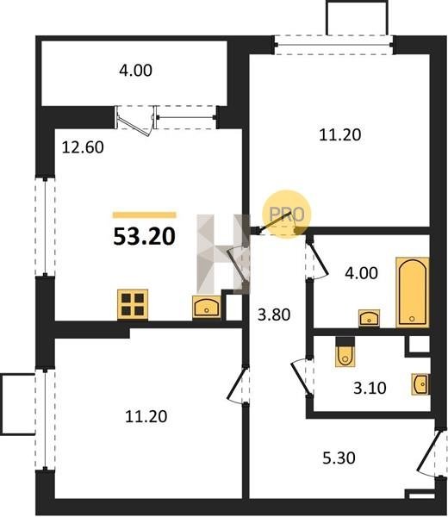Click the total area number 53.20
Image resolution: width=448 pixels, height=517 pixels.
coord(144,237)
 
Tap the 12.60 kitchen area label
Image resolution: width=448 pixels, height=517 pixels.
coord(83,147)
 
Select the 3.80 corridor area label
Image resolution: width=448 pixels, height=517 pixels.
coord(274,315)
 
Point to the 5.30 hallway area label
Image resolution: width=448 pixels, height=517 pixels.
coord(339,458)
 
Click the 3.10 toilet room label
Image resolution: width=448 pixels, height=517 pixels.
coord(370,388)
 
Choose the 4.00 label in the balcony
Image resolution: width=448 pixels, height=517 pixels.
coord(135,71)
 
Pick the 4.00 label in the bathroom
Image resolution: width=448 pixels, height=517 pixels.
coord(361,273)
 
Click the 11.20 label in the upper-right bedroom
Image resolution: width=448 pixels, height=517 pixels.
coord(339,135)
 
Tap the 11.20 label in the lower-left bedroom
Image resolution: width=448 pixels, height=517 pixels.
coord(146,416)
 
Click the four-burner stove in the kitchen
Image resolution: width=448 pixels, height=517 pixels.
coord(133,304)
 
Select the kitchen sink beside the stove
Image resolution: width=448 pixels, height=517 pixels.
coord(207,307)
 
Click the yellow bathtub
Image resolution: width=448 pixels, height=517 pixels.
coord(413,292)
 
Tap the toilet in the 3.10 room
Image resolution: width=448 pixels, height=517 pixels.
coord(345,352)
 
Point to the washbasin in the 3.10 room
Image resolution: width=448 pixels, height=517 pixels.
coord(421,384)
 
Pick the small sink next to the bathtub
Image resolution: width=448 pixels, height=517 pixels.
coord(369,318)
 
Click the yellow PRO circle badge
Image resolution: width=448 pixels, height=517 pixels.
coord(287,214)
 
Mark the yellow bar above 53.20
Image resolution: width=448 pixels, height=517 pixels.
coord(145,215)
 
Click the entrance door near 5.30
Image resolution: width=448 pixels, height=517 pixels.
coord(430,452)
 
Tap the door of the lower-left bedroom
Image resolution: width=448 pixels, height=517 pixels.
coord(238,384)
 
